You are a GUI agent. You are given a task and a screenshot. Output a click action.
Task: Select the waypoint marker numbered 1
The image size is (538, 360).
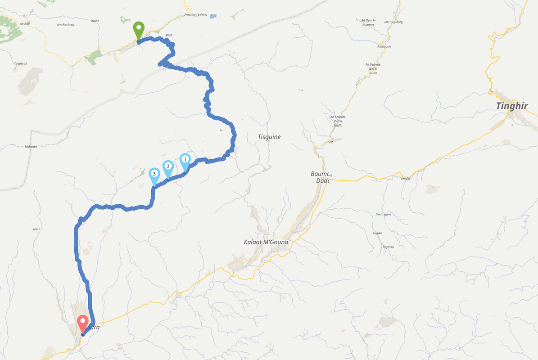click(185, 160)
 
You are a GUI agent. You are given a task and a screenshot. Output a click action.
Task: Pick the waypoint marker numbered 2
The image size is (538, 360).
click(168, 166)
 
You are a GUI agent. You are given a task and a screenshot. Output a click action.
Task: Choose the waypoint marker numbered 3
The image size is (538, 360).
click(154, 174)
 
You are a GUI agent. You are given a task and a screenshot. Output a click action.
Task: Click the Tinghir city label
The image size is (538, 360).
click(511, 106)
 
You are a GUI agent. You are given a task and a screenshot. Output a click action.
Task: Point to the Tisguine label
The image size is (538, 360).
click(269, 137)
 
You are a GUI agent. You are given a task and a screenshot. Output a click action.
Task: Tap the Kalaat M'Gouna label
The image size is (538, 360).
click(266, 242)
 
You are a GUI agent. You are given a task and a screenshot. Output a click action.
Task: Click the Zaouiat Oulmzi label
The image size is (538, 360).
click(195, 15)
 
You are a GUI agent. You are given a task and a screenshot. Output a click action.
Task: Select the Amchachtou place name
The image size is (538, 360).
click(65, 25)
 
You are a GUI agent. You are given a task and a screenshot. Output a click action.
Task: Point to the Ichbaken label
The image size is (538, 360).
click(30, 147)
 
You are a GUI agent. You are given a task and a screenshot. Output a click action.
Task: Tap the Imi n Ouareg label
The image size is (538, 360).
click(393, 22)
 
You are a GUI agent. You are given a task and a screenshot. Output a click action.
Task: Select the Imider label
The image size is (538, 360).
click(406, 178)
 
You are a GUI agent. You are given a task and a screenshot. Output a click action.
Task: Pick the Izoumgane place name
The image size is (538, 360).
click(383, 214)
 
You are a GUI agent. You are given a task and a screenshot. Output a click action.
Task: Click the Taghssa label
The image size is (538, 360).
click(388, 247)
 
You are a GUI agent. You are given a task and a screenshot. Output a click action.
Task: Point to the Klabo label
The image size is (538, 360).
click(95, 21)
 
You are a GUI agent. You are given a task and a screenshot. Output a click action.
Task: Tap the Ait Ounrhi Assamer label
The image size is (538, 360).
click(368, 22)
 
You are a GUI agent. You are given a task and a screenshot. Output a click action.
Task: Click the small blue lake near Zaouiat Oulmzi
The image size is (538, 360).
click(213, 16)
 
